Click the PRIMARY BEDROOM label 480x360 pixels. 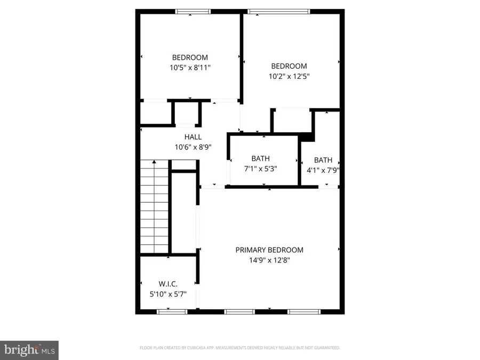tap(269, 250)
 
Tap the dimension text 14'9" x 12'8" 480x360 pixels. tap(269, 261)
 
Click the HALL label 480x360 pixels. tap(193, 137)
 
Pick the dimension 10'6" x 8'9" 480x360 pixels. tap(193, 148)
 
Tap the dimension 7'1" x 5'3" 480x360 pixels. tap(260, 169)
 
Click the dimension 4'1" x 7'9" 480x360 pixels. tap(323, 171)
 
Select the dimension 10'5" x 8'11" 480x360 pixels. tap(190, 68)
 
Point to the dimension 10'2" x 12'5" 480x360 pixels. tap(289, 76)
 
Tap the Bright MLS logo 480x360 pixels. tap(29, 350)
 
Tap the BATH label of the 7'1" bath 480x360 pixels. tap(260, 158)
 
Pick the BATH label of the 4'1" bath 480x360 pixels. tap(323, 160)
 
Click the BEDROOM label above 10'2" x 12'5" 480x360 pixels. tap(289, 66)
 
